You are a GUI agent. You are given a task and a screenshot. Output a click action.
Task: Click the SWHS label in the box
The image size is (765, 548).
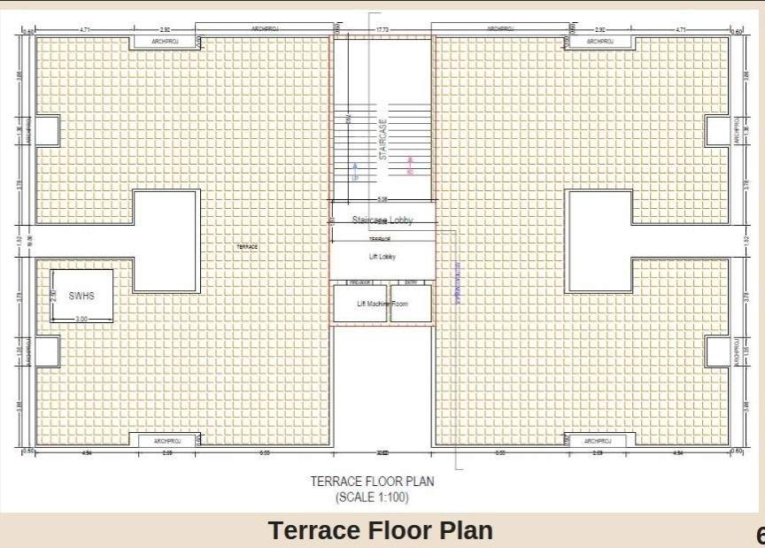(x=81, y=296)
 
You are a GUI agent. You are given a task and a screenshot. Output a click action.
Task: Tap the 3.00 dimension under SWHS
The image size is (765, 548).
(x=81, y=318)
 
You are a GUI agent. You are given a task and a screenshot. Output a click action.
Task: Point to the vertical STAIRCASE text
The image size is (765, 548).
(x=383, y=139)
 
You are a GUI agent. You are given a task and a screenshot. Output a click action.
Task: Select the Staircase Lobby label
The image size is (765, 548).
(x=382, y=220)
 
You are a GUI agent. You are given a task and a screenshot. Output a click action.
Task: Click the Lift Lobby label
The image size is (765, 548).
(x=382, y=257)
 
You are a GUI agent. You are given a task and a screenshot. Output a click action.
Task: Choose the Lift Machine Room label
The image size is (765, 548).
(x=382, y=304)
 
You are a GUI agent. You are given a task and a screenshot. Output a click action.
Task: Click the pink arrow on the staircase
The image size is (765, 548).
(x=410, y=164)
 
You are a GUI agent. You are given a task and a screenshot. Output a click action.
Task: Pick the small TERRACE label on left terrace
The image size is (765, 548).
(x=247, y=247)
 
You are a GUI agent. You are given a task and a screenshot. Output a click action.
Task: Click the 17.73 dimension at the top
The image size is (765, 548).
(x=382, y=30)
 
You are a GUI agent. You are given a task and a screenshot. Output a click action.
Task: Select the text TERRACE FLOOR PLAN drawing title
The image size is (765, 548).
(x=372, y=482)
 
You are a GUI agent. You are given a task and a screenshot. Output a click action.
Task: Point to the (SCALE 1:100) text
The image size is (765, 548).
(x=372, y=498)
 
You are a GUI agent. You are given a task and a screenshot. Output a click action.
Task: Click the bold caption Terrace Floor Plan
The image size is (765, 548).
(x=381, y=530)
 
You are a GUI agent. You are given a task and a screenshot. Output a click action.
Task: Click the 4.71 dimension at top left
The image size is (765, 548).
(x=85, y=30)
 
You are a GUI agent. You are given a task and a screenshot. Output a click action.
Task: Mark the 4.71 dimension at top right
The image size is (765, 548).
(x=680, y=30)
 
